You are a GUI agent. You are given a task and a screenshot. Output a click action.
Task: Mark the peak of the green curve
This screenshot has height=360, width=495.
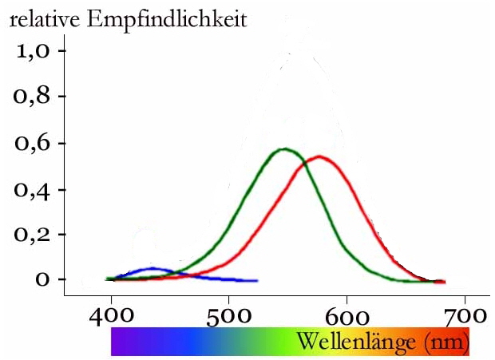[283, 148]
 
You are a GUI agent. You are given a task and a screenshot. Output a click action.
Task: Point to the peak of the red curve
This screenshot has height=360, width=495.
[319, 156]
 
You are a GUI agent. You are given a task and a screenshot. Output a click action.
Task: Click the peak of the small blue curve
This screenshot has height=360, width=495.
[152, 268]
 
